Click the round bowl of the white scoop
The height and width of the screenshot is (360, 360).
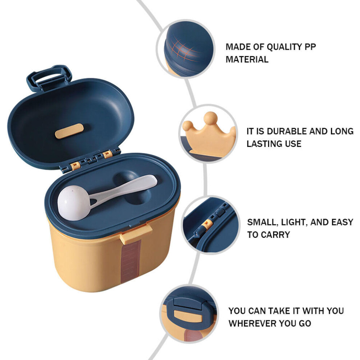point(73,203)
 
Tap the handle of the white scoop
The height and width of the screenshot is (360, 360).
point(124,189)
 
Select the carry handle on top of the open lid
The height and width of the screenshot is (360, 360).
point(49,77)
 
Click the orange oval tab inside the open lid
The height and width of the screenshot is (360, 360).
point(69,131)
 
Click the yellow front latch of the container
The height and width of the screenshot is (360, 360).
point(136,233)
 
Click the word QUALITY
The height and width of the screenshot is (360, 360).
point(284,47)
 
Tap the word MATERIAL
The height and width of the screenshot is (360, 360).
point(247,60)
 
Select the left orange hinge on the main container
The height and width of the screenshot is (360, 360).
point(75,165)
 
